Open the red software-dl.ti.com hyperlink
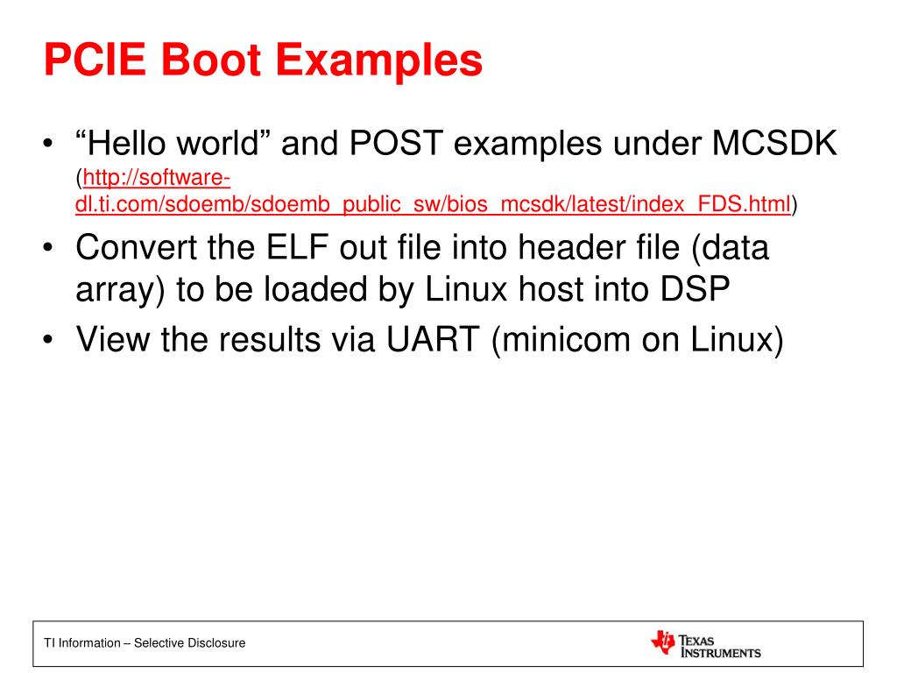[433, 205]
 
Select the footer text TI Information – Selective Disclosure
[145, 643]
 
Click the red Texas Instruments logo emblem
[663, 642]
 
